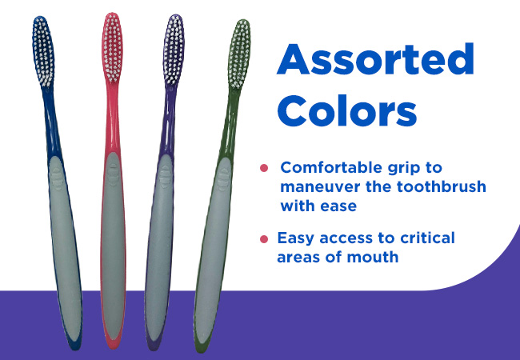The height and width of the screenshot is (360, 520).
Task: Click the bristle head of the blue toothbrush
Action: click(x=43, y=51)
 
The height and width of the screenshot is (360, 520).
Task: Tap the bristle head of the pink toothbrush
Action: click(x=113, y=47)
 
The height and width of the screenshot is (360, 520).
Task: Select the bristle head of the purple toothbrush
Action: click(x=174, y=50)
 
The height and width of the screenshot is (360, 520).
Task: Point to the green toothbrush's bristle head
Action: click(x=238, y=54)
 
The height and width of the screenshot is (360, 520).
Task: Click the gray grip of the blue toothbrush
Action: click(x=65, y=246)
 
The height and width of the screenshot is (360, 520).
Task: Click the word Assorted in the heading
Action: click(x=375, y=59)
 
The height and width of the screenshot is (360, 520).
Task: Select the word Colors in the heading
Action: click(x=347, y=110)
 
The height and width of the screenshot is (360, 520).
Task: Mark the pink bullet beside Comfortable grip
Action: click(x=264, y=168)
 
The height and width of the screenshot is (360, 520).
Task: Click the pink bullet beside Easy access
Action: click(x=264, y=238)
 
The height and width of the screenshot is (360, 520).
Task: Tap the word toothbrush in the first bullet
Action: click(x=441, y=186)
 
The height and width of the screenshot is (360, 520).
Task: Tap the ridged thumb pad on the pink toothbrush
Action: click(x=113, y=174)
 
